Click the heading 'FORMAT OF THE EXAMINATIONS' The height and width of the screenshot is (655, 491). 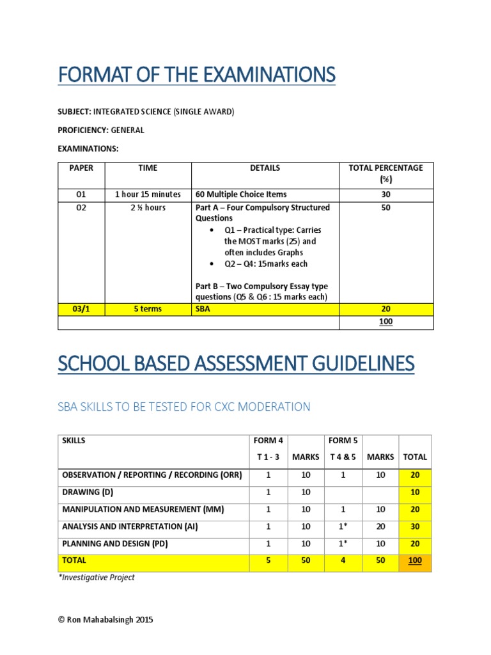(196, 75)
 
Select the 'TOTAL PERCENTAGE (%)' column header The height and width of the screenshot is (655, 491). (386, 173)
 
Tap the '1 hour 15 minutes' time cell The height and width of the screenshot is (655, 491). (148, 194)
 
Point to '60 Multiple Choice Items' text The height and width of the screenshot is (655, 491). (241, 194)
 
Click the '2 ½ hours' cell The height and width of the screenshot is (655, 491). (148, 208)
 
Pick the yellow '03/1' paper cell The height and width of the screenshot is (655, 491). (81, 309)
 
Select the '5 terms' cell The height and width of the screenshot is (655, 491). (148, 309)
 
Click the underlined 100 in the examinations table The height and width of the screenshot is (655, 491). (386, 322)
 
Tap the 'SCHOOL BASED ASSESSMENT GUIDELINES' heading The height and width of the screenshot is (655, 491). (235, 365)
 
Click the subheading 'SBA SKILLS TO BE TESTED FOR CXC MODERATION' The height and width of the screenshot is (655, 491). (184, 407)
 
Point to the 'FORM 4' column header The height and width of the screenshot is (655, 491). (269, 441)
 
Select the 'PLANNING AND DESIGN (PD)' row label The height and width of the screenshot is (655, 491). (115, 544)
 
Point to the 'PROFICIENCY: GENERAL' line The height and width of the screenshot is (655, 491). (101, 130)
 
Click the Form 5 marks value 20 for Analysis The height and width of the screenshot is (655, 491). (380, 526)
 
